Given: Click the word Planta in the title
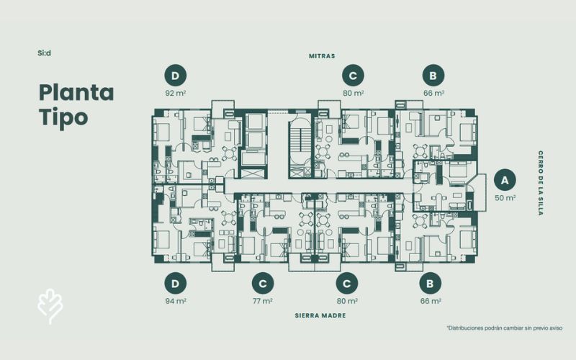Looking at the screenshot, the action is pyautogui.click(x=76, y=94).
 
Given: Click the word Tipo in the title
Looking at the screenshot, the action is pyautogui.click(x=63, y=117).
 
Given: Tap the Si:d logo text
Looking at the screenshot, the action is pyautogui.click(x=44, y=53).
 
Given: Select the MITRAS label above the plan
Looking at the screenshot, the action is pyautogui.click(x=322, y=56).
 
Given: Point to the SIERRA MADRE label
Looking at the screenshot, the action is pyautogui.click(x=320, y=315).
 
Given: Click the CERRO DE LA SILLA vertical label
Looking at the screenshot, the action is pyautogui.click(x=541, y=183).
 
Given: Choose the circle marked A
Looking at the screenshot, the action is pyautogui.click(x=505, y=180).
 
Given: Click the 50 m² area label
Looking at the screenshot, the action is pyautogui.click(x=505, y=197).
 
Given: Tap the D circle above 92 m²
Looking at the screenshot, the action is pyautogui.click(x=175, y=76).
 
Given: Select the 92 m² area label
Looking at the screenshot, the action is pyautogui.click(x=175, y=93).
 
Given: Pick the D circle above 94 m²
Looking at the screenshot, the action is pyautogui.click(x=175, y=284).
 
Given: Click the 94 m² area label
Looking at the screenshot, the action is pyautogui.click(x=176, y=301).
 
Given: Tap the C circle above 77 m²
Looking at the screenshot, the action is pyautogui.click(x=263, y=284).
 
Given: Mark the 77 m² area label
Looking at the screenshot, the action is pyautogui.click(x=263, y=301).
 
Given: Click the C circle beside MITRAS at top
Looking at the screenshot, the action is pyautogui.click(x=353, y=76).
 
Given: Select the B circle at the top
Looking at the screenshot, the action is pyautogui.click(x=433, y=76).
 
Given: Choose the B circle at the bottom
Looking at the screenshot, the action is pyautogui.click(x=431, y=284).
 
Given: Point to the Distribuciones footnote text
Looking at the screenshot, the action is pyautogui.click(x=505, y=328).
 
